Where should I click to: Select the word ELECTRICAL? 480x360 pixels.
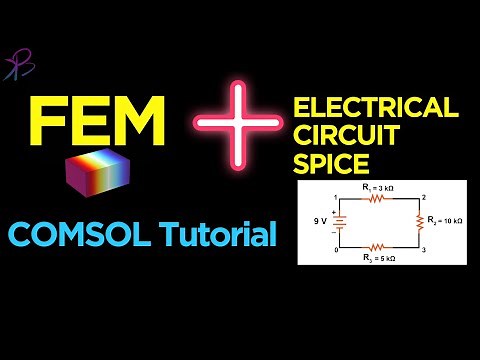(x=376, y=107)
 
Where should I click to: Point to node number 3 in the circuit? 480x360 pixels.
(x=424, y=250)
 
